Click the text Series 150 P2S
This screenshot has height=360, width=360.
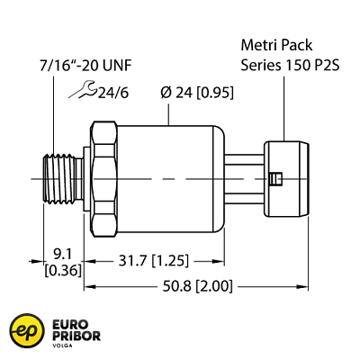pyautogui.click(x=287, y=64)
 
